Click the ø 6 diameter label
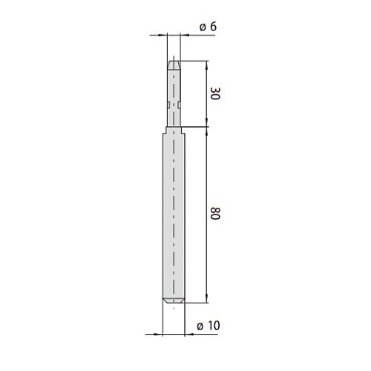208,27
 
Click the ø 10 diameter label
209,326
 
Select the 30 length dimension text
215,93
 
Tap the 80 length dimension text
215,214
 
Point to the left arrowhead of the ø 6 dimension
162,35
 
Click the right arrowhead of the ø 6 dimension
185,35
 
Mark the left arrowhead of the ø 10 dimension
158,335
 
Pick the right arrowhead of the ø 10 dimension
189,335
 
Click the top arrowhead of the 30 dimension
207,65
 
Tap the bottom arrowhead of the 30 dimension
207,122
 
